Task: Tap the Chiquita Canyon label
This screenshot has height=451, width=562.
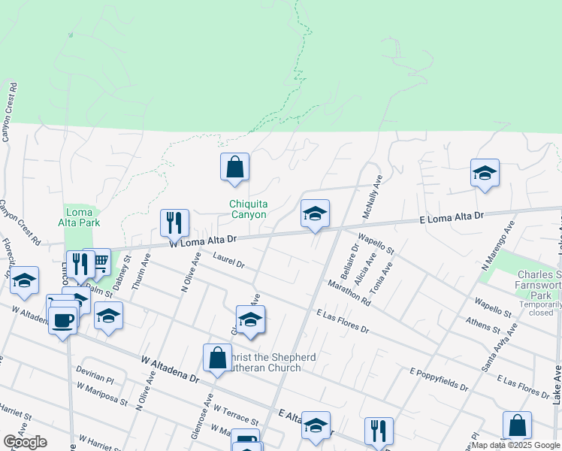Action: point(248,209)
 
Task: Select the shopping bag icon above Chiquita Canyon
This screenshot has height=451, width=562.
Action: point(234,167)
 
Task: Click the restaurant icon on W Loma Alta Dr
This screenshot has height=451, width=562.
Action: point(174,222)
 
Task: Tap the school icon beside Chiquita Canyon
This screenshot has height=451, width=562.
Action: point(315,213)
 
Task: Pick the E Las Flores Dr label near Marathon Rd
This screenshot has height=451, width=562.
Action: point(343,322)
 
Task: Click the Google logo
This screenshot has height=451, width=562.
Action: point(25,442)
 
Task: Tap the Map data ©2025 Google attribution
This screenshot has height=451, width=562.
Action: point(515,445)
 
